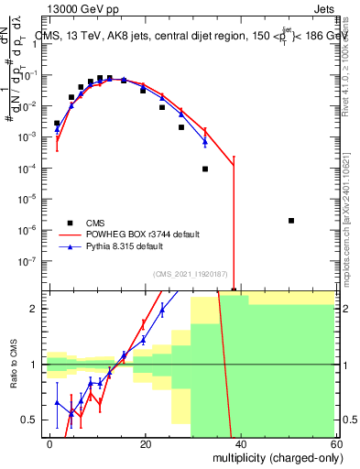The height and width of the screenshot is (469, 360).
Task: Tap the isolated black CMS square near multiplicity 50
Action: [x=290, y=221]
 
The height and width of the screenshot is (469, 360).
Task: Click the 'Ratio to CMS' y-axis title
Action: [x=13, y=365]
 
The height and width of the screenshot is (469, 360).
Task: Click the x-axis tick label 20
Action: [x=145, y=442]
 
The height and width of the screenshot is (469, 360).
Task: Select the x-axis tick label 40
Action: [x=239, y=442]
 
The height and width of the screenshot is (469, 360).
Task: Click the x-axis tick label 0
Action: [x=50, y=442]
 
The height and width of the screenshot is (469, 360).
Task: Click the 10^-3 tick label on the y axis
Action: [x=33, y=136]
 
